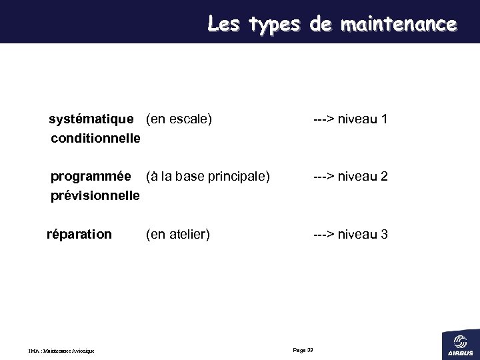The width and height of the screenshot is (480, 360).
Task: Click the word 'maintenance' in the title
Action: [x=398, y=25]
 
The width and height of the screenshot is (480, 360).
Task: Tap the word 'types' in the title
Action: [x=274, y=25]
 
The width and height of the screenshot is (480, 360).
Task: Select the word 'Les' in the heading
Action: [x=224, y=24]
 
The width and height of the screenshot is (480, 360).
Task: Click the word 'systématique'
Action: [x=92, y=120]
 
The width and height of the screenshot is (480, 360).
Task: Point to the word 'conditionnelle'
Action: [x=95, y=139]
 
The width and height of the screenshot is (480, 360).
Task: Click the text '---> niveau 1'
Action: [x=351, y=120]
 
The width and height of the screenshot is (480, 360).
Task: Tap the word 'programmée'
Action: [x=91, y=177]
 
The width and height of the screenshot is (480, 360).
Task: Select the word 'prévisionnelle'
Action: [x=95, y=196]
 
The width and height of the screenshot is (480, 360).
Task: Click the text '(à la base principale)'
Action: [x=208, y=177]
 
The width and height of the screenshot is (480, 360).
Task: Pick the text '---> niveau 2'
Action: [x=351, y=177]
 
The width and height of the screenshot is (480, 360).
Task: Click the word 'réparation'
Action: [x=79, y=235]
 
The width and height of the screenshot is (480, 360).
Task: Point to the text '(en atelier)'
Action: [x=178, y=235]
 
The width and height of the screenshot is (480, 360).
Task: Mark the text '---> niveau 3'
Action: [x=351, y=235]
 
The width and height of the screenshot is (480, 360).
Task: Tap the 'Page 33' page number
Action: [x=303, y=350]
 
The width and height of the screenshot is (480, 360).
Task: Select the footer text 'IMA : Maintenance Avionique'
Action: [x=61, y=351]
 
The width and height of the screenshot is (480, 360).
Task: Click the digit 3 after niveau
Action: [x=384, y=235]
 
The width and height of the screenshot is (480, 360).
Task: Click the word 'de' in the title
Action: [x=321, y=25]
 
